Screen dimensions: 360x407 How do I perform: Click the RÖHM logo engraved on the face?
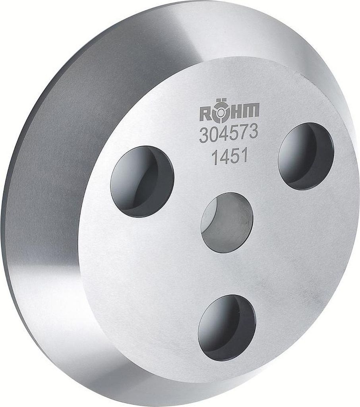tap(229, 112)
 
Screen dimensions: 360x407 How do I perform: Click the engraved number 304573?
tap(228, 133)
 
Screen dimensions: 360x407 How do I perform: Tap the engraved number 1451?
tap(229, 157)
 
